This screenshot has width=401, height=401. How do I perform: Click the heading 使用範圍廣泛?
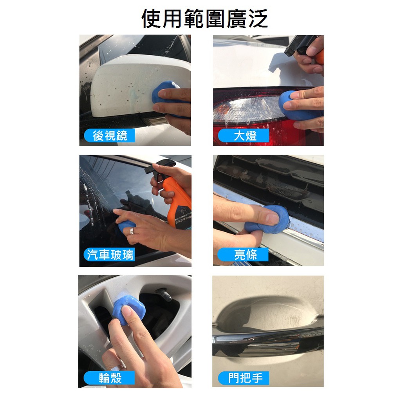pyautogui.click(x=204, y=18)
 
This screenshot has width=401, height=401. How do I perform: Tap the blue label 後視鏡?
pyautogui.click(x=110, y=135)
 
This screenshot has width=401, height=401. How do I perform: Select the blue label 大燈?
pyautogui.click(x=244, y=135)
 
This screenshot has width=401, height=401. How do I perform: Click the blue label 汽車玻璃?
pyautogui.click(x=110, y=255)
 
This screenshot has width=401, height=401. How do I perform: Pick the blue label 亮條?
pyautogui.click(x=243, y=255)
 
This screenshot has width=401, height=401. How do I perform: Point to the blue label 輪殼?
pyautogui.click(x=109, y=378)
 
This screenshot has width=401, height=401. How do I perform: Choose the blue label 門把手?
pyautogui.click(x=244, y=378)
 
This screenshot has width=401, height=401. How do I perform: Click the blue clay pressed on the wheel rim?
pyautogui.click(x=129, y=309)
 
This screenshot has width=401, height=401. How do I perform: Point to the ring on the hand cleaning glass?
pyautogui.click(x=132, y=231)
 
